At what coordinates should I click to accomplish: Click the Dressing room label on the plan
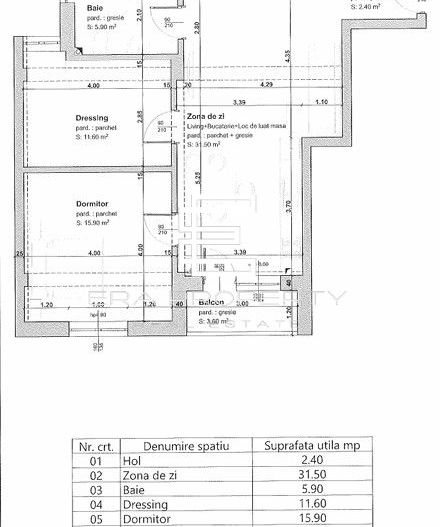93,118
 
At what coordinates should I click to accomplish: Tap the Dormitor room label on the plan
92,204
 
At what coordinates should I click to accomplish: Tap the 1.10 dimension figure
320,101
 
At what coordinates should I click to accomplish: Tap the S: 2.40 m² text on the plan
366,5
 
